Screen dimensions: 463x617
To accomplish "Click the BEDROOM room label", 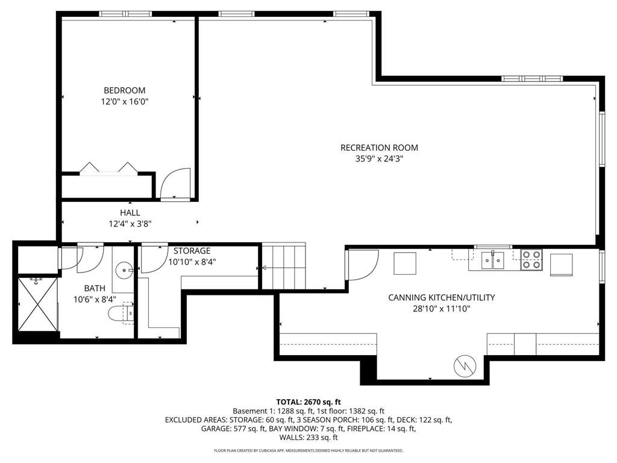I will tap(124, 90).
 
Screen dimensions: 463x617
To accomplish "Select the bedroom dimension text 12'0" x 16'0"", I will tap(124, 102).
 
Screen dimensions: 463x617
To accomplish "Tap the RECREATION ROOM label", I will tap(379, 148).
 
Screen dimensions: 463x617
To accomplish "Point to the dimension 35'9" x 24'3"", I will tap(379, 159).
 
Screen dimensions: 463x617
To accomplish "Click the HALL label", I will tap(130, 213).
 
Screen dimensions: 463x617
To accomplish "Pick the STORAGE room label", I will tap(192, 251).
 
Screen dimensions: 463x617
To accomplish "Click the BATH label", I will tap(95, 288).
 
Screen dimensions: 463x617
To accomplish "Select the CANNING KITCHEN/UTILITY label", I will tap(442, 297).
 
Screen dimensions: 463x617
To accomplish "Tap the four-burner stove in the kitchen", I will tap(531, 259).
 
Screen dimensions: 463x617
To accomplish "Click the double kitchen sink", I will tap(492, 260).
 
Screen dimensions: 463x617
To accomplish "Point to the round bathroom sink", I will tap(124, 269).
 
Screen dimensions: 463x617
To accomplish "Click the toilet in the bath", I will tap(119, 312).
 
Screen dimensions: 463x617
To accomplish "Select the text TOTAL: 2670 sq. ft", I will tap(308, 402).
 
